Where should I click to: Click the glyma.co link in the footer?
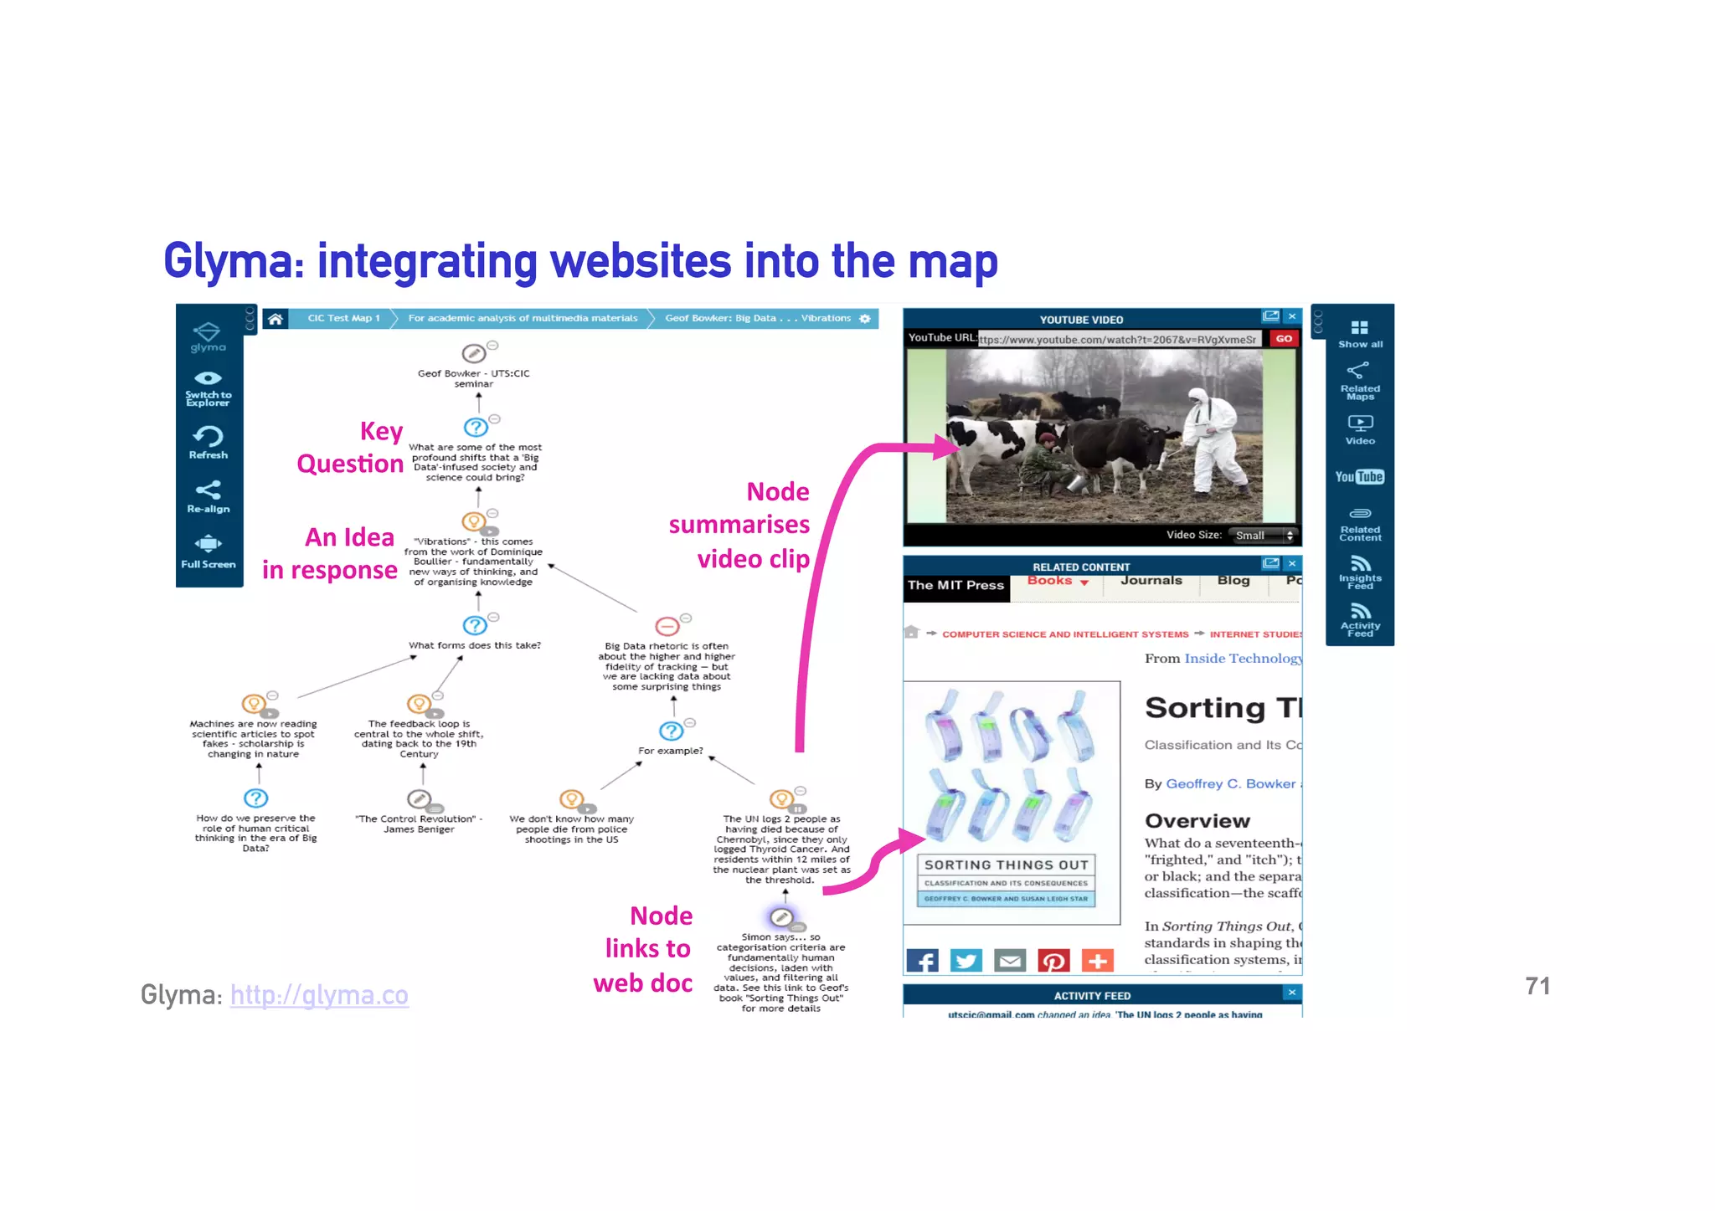319,995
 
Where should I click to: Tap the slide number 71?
1537,987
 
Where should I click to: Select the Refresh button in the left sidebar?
209,443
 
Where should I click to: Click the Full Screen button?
209,552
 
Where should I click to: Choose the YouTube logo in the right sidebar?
1359,477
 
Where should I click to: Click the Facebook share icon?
923,961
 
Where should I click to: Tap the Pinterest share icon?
1053,961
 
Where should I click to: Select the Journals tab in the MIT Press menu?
1151,581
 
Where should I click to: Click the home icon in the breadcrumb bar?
275,319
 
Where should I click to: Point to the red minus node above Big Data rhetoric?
667,626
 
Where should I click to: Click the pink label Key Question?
351,448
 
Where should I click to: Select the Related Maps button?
1359,381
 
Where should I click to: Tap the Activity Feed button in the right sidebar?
1360,620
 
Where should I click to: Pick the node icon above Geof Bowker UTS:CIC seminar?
474,353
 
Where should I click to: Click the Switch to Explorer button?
209,387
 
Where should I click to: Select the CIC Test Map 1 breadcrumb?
343,319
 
